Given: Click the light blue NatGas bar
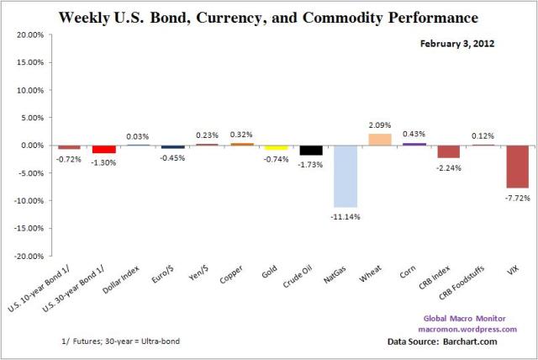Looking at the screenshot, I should tap(345, 176).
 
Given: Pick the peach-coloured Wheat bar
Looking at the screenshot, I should tap(380, 140).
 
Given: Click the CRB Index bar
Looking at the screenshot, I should tap(449, 151).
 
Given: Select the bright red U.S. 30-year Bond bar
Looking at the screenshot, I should tap(104, 149).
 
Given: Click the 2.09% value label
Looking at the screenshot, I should tap(380, 125).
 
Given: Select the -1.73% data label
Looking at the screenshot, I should tap(312, 164).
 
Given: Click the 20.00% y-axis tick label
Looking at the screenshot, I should tap(29, 35).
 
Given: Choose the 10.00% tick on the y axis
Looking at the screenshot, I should tap(29, 90).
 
